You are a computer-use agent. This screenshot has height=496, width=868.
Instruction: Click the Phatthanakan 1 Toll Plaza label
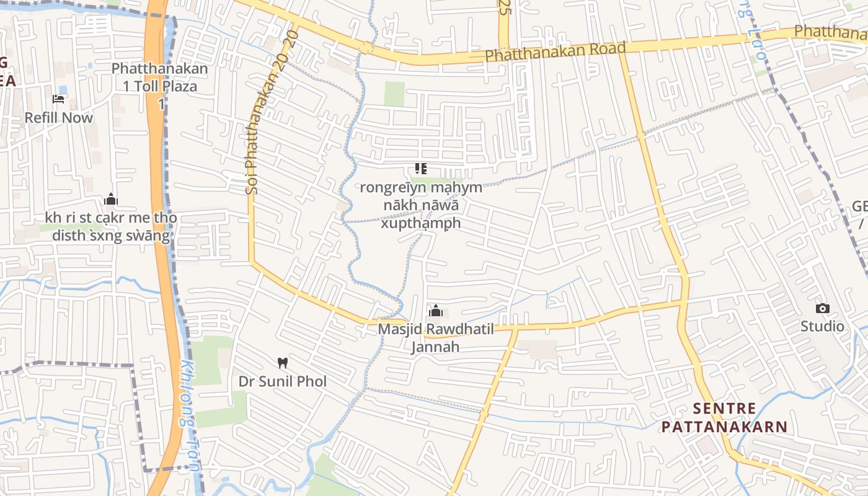[160, 77]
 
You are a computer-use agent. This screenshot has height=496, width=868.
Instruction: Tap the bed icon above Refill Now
[58, 99]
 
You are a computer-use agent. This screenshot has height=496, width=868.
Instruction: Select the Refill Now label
[58, 118]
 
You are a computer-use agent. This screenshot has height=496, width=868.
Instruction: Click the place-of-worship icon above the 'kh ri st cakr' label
[111, 199]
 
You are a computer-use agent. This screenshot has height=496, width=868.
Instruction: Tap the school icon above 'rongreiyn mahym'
[421, 169]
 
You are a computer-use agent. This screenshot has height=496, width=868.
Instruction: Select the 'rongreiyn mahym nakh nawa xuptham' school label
[421, 205]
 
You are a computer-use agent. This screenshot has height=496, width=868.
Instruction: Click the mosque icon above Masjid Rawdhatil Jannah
[436, 311]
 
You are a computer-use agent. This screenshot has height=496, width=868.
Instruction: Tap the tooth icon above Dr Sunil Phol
[283, 363]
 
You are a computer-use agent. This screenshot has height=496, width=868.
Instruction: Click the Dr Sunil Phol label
[283, 381]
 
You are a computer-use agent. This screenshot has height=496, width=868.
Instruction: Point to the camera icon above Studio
[822, 308]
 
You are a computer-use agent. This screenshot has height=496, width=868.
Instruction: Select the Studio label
[822, 326]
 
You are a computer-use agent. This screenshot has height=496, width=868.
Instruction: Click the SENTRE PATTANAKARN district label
[724, 418]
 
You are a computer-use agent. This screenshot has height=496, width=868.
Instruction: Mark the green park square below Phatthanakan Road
[394, 94]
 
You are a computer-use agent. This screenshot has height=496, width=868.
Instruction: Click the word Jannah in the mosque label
[436, 347]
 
